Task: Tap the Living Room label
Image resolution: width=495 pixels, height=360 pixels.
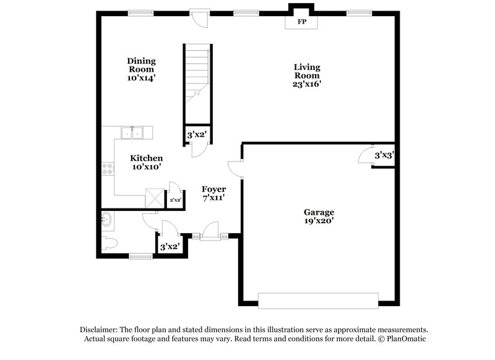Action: (307, 75)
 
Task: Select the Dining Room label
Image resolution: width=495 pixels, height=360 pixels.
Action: (141, 69)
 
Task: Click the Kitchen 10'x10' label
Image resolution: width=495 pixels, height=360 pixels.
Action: (146, 162)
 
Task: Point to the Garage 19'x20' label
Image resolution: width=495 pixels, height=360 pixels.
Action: (319, 216)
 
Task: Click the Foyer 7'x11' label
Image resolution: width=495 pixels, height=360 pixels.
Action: (213, 193)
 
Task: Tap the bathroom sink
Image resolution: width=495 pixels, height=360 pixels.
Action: (106, 218)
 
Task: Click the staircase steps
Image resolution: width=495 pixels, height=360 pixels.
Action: (197, 77)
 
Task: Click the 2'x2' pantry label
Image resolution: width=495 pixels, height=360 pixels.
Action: (176, 200)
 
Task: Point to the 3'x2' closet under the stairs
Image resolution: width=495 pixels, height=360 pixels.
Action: (197, 134)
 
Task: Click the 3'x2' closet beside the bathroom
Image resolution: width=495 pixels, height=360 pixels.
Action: (170, 247)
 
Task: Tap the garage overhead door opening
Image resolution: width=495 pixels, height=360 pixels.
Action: (318, 301)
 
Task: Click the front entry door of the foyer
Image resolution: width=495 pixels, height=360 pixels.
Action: (212, 236)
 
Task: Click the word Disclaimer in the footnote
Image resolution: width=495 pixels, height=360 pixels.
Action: (100, 330)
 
